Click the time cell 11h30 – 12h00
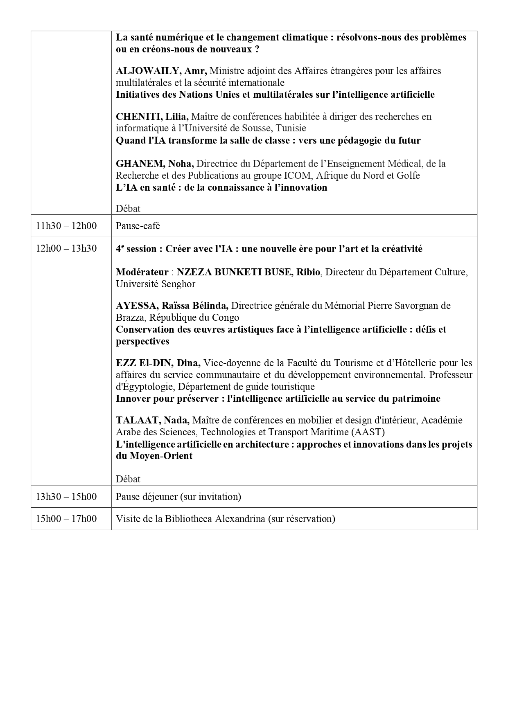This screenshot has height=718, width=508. (66, 225)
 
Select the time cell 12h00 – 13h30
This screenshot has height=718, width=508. (66, 248)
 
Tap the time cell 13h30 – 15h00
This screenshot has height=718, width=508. (66, 496)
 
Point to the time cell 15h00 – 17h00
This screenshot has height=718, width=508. (66, 519)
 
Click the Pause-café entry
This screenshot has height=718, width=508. (138, 225)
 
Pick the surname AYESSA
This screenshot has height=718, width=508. (137, 306)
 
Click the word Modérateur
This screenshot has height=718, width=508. (142, 272)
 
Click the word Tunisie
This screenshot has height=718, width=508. (291, 128)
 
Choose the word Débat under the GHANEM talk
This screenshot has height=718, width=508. (128, 209)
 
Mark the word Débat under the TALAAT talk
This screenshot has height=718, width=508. (128, 479)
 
